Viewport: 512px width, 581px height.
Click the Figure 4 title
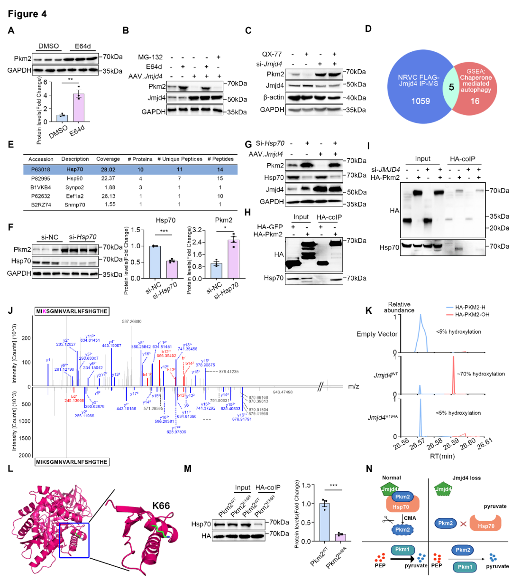[x=27, y=14]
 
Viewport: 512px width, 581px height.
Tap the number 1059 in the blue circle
[x=420, y=101]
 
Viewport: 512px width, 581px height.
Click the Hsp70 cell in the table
[x=72, y=169]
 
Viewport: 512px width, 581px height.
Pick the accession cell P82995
[x=41, y=178]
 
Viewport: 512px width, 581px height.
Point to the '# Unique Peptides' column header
[x=180, y=159]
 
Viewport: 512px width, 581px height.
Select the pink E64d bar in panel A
[x=78, y=108]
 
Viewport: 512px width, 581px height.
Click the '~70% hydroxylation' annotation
[x=481, y=374]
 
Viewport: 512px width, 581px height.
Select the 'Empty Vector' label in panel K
[x=377, y=334]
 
